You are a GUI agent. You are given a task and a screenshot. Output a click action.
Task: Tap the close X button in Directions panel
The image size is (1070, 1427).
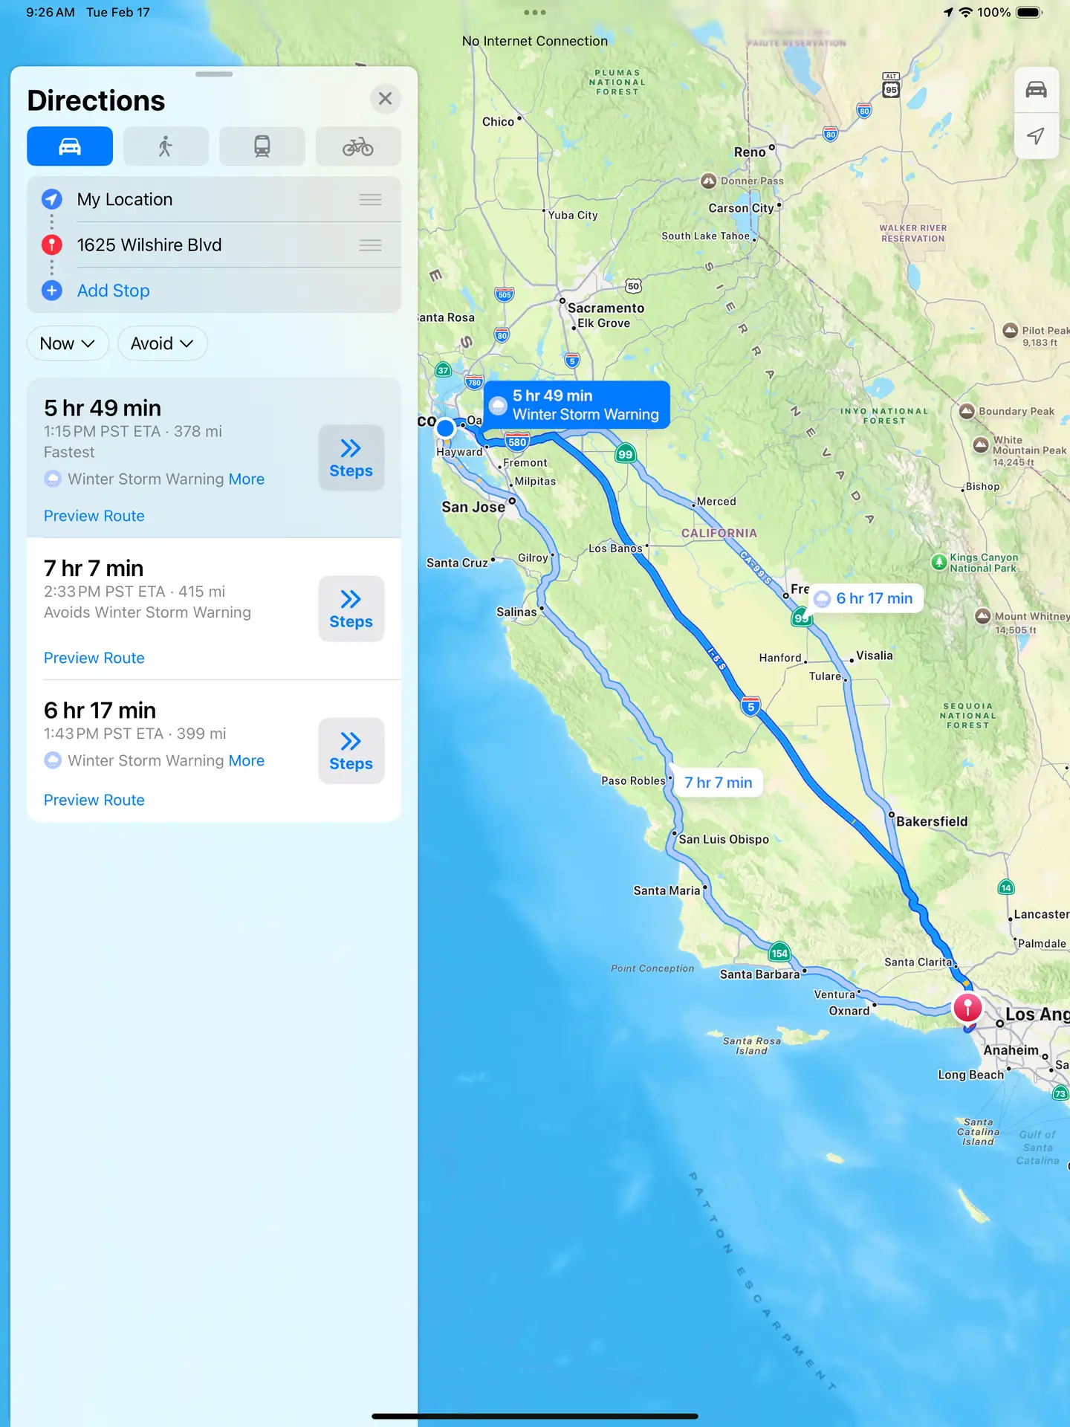point(385,99)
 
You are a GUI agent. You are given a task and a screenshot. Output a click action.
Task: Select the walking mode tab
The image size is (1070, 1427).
point(166,146)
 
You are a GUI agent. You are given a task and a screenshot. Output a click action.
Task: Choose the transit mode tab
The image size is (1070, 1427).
point(262,146)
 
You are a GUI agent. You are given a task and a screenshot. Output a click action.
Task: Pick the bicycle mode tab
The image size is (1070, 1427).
point(358,146)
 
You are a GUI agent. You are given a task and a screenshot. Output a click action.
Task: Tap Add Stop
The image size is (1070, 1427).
point(113,291)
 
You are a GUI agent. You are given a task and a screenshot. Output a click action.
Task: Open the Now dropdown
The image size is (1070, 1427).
point(68,343)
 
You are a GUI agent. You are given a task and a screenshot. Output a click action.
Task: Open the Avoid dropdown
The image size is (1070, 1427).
point(162,343)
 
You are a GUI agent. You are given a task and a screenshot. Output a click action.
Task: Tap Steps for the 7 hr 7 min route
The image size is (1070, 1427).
point(351,609)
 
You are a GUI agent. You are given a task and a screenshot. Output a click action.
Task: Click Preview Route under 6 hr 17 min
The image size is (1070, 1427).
point(94,800)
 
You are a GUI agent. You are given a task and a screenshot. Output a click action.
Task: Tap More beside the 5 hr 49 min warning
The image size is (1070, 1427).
point(247,479)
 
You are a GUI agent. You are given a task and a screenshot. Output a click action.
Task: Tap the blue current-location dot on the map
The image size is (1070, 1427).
point(445,427)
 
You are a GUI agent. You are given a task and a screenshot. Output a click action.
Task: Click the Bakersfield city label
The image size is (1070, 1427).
point(932,821)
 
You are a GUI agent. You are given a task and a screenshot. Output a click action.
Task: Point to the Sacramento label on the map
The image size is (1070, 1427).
point(606,308)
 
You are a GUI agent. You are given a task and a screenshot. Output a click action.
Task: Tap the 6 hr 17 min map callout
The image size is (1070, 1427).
point(866,598)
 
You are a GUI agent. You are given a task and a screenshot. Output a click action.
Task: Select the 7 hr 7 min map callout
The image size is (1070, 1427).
point(718,783)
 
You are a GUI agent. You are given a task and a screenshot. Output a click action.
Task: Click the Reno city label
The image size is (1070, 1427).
point(750,152)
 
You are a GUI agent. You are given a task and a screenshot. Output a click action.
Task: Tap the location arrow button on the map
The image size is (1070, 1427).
point(1036,136)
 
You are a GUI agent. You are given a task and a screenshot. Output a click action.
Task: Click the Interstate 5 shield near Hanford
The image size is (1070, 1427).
point(751,707)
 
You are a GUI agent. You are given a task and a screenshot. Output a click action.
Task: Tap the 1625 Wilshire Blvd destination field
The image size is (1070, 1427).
point(149,245)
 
